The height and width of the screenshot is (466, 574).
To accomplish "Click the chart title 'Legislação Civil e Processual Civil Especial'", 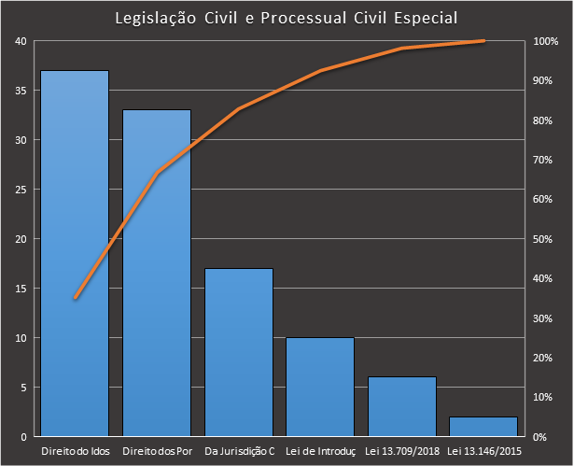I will pos(287,19).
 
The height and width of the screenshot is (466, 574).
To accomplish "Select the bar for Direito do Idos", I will pos(75,253).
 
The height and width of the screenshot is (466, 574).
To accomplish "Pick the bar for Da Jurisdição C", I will pos(238,352).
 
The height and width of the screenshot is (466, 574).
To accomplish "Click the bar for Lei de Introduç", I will pos(320,387).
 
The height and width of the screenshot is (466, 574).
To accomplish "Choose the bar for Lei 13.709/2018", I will pos(401,406).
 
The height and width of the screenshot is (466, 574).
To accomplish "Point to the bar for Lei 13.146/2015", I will pos(483,426).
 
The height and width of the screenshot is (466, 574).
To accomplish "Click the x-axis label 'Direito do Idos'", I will pos(75,452).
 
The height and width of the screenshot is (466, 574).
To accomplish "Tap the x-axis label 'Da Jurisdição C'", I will pos(239,452).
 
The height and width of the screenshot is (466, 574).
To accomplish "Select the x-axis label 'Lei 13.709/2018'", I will pos(401,452).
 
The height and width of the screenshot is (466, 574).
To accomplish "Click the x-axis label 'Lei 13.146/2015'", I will pos(483,452).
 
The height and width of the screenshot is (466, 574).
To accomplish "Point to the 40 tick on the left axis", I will pos(21,41).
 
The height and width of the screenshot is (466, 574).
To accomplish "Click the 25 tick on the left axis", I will pos(21,190).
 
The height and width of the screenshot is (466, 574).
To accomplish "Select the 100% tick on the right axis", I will pos(545,41).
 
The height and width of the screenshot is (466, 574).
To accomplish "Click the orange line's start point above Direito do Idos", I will pos(75,298).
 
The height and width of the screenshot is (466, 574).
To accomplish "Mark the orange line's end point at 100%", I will pos(483,41).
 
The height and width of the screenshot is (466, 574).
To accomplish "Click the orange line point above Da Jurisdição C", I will pos(238,109).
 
